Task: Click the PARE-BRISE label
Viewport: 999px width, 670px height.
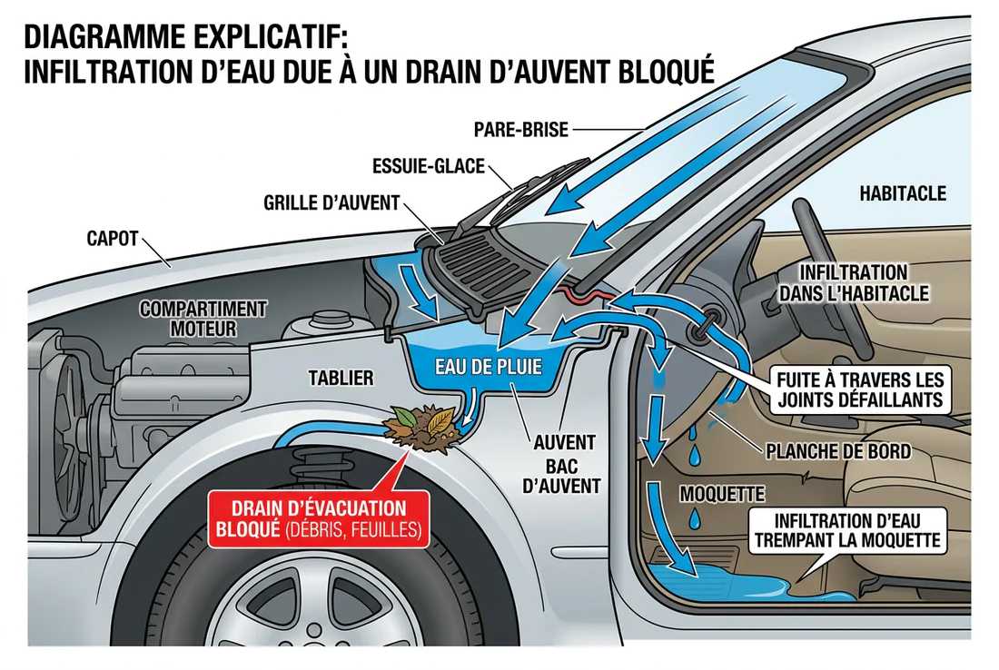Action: (520, 130)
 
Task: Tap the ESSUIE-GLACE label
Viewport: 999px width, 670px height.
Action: (429, 167)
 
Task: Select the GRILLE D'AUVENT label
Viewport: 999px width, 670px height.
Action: (331, 202)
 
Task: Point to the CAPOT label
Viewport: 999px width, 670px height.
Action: (112, 239)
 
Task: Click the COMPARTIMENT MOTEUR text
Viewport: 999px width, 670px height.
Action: (203, 319)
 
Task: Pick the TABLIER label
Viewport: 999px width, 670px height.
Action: (340, 378)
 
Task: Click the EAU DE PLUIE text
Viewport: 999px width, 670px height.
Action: (488, 367)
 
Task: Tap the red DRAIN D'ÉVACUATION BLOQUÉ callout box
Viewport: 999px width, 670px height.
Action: (318, 520)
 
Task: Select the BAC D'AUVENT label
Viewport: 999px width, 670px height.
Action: (563, 475)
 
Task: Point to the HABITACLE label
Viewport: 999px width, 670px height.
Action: (902, 193)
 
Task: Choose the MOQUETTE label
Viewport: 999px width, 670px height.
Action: (722, 494)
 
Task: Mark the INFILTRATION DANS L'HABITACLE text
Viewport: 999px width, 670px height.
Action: (852, 282)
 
